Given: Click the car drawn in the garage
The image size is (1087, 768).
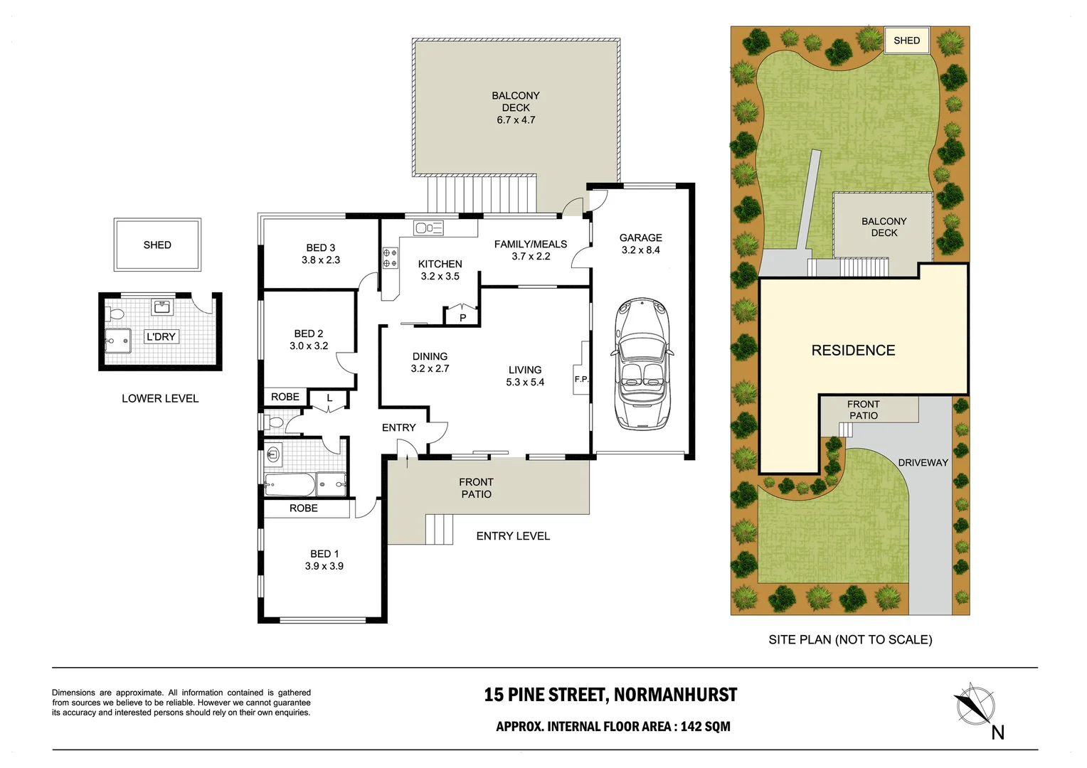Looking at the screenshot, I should coord(642,363).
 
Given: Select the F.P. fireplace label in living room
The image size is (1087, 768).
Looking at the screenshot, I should coord(581,379).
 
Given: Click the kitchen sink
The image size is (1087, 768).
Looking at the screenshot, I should coord(428,228).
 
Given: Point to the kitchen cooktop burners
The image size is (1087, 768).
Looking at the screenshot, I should coord(390,258).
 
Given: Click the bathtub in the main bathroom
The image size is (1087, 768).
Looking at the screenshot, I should coord(289,485).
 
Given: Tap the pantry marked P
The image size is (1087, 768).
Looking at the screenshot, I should coord(462,317).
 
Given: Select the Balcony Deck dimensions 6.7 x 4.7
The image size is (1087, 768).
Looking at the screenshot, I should coord(516,120).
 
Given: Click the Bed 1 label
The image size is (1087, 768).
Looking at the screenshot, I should coord(324,553).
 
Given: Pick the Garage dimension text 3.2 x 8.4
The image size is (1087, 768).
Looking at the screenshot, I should coord(640,250).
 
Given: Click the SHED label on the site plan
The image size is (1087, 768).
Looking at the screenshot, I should coord(906,41).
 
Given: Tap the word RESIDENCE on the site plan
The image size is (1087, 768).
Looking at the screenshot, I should coord(853,351).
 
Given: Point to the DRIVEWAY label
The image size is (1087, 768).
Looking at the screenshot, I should coord(923,462).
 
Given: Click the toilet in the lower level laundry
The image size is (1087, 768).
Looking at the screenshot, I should coord(116,313).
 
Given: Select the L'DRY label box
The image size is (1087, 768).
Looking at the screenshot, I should coord(161,336).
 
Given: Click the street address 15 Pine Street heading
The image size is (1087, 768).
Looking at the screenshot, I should coord(610,695).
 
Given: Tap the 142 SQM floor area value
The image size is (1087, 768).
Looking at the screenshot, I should coord(705,726).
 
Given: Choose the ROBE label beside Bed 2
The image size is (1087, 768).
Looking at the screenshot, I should coord(285,397).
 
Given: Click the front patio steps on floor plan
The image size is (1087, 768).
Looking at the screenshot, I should coord(439,529).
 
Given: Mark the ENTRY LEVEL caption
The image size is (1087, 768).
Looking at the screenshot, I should coord(513,536).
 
